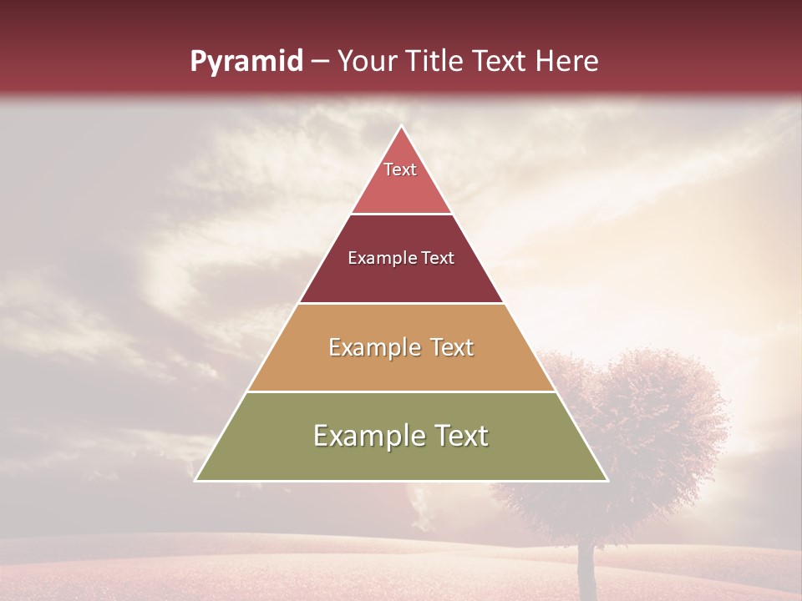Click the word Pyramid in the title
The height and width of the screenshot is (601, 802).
pyautogui.click(x=246, y=62)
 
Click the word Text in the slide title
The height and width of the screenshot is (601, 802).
pyautogui.click(x=501, y=62)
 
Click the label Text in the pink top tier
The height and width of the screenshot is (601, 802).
pyautogui.click(x=400, y=169)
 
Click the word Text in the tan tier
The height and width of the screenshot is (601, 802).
pyautogui.click(x=452, y=347)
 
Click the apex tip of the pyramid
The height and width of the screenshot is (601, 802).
pyautogui.click(x=401, y=127)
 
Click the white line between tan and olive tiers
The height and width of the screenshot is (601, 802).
pyautogui.click(x=401, y=391)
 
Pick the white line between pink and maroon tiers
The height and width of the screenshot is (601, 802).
pyautogui.click(x=401, y=214)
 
